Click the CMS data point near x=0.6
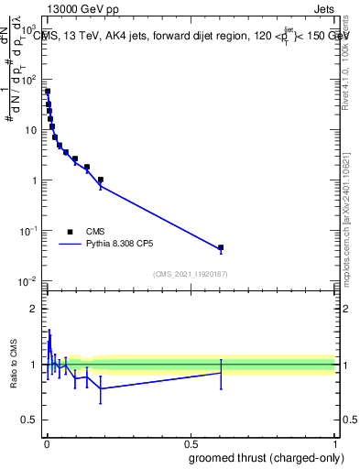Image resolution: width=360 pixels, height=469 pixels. coord(221,248)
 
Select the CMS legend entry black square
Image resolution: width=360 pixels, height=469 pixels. coord(70,232)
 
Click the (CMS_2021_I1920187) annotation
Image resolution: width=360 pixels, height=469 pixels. coord(191,273)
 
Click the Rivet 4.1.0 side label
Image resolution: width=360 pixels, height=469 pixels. coord(350,64)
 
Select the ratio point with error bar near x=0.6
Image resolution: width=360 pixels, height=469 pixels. coord(221,373)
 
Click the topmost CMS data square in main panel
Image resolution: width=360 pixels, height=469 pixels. coord(48,92)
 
